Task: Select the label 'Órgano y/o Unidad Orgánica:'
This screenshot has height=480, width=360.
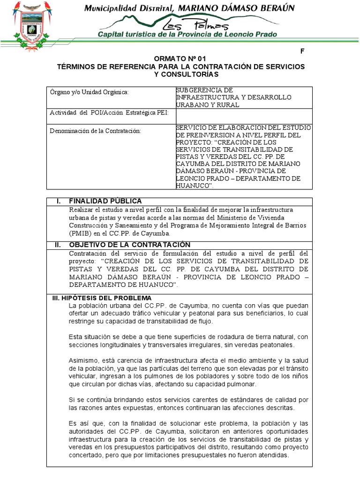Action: point(89,93)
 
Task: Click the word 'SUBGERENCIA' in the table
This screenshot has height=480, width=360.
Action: point(197,90)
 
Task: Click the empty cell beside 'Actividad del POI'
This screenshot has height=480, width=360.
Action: point(243,115)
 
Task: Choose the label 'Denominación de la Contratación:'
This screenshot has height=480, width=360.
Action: point(95,130)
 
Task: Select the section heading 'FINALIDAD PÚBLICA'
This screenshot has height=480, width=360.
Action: point(105,201)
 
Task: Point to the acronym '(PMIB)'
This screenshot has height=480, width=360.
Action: point(80,233)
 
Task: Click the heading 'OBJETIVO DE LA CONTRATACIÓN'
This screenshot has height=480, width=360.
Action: point(129,245)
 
